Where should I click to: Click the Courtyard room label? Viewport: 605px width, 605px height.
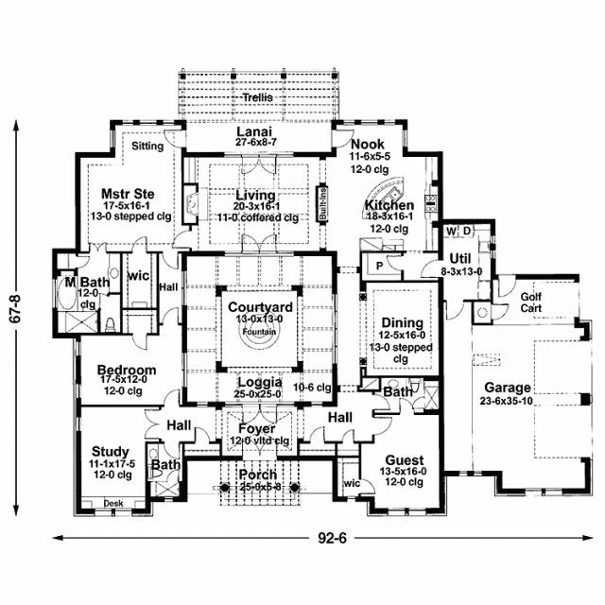tap(260, 307)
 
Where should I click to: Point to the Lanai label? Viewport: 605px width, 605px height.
tap(254, 131)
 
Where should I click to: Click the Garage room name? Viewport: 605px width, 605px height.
tap(509, 388)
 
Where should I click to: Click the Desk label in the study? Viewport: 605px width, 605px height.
tap(113, 503)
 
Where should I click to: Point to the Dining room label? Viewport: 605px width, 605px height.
tap(402, 323)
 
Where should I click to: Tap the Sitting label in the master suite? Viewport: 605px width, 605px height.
tap(147, 147)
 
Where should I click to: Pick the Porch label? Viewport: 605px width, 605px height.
tap(257, 474)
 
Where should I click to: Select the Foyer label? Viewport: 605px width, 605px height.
tap(254, 428)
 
